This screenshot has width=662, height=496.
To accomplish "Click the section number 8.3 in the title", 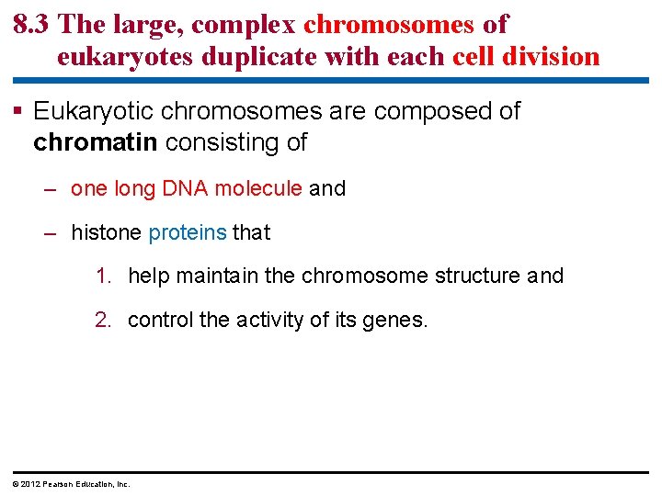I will tap(33, 25).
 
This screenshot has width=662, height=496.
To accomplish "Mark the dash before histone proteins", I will tap(52, 233).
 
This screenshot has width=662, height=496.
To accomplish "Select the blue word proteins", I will tap(187, 233).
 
